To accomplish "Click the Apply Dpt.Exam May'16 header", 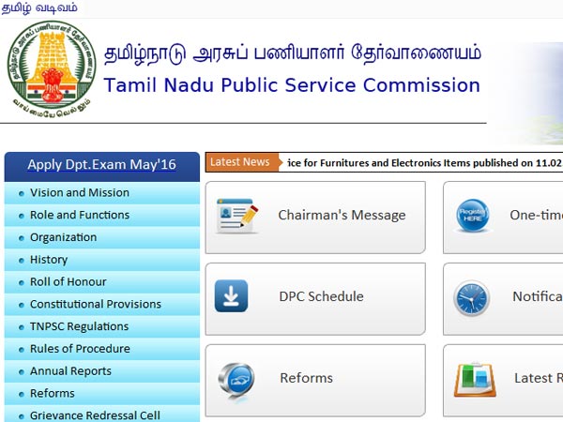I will coord(101,165).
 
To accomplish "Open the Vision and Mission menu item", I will coord(80,192).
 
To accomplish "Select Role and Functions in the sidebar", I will coord(80,215).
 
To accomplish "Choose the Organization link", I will coord(63,237).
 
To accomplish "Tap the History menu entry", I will coord(49,260).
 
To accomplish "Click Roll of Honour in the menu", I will coord(68,281).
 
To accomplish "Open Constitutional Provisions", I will coord(96,304).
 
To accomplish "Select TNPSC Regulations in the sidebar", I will coord(79,326).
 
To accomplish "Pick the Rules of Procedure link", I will coord(80,349).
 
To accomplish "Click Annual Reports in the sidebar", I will coord(70,371).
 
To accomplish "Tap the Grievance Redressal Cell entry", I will coord(95,415).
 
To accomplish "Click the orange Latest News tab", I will coord(240,162).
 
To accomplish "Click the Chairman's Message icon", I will coord(236,216).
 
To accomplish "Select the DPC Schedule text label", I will coord(321,296).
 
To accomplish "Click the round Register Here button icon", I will coord(472,216).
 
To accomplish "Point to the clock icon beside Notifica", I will coord(472,297).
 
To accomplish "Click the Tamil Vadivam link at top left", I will coord(38,8).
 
